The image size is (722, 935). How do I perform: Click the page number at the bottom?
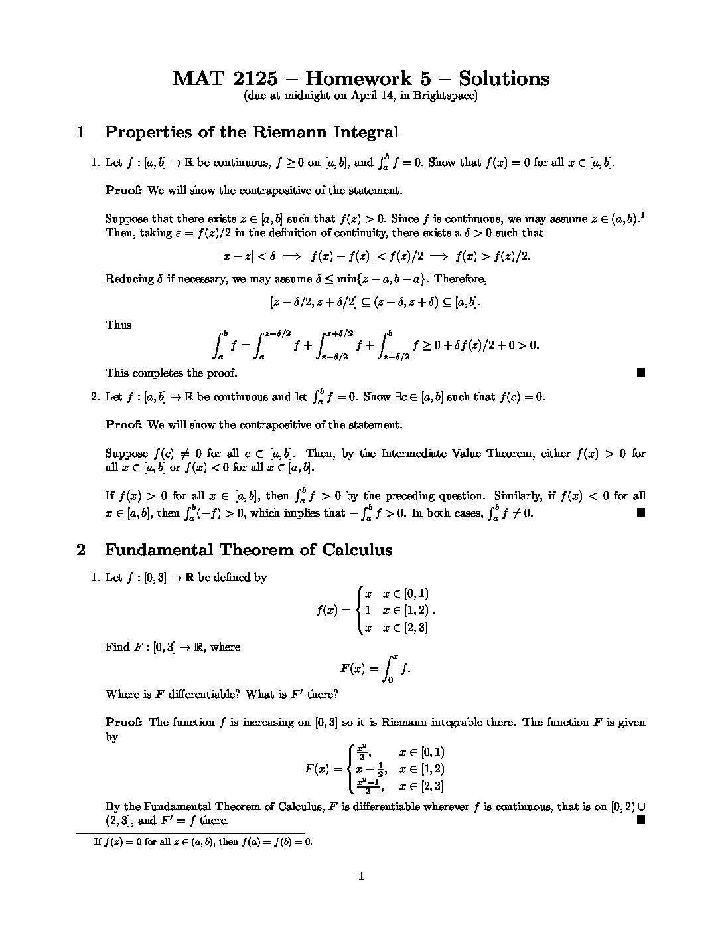361,877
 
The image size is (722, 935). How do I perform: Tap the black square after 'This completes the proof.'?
640,373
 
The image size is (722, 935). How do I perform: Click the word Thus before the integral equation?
118,325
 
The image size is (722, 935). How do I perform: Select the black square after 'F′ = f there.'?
640,821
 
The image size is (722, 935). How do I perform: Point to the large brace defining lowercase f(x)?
360,610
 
